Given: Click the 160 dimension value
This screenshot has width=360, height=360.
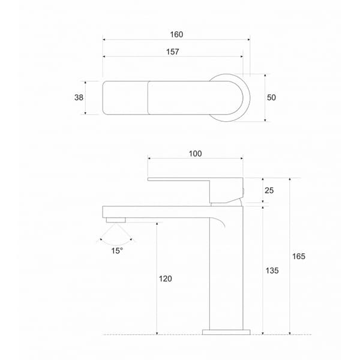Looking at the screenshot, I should pos(176,34).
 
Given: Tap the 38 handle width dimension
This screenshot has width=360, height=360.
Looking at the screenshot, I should pos(78,98).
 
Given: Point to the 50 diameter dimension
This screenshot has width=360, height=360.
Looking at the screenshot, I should pos(271,98).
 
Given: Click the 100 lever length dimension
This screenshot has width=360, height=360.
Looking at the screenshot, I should pos(195,154).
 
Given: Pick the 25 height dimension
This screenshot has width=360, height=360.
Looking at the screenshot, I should pos(269,190).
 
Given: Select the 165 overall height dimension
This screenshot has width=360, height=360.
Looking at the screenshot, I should pos(299,256).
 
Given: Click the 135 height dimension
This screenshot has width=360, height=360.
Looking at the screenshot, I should pos(272,271).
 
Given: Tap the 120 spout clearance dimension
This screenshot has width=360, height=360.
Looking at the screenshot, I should pos(166,279).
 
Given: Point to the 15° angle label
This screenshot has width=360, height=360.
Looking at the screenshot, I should pos(117,250).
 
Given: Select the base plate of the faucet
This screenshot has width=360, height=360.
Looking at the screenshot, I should pos(226,331).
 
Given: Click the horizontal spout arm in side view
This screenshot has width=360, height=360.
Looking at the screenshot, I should pos(156,211).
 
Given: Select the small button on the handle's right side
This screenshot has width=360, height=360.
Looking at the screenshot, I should pos(244,191).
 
